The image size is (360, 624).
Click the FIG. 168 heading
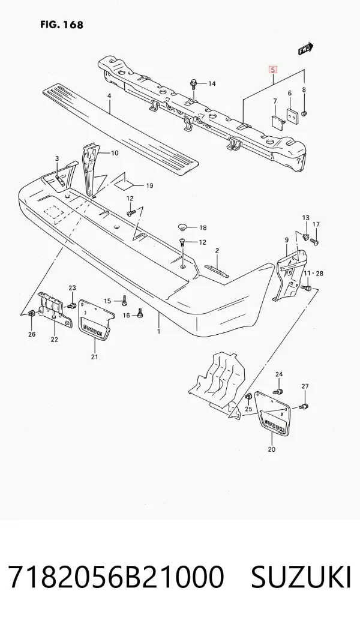(x=62, y=25)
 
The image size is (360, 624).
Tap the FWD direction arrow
(x=306, y=49)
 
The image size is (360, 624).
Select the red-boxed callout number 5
(x=273, y=70)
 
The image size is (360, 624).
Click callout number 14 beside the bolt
(x=212, y=83)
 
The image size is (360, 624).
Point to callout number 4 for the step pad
(x=109, y=95)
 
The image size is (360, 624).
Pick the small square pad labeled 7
(x=278, y=121)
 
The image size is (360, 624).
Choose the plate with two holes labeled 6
(x=293, y=115)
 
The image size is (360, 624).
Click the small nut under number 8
(x=304, y=114)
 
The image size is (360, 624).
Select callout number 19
(x=149, y=185)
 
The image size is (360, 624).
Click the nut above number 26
(x=32, y=315)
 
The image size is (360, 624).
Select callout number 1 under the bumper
(x=159, y=331)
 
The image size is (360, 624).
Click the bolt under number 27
(x=304, y=406)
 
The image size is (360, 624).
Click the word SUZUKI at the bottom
(x=301, y=577)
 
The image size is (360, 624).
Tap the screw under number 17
(x=314, y=241)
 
